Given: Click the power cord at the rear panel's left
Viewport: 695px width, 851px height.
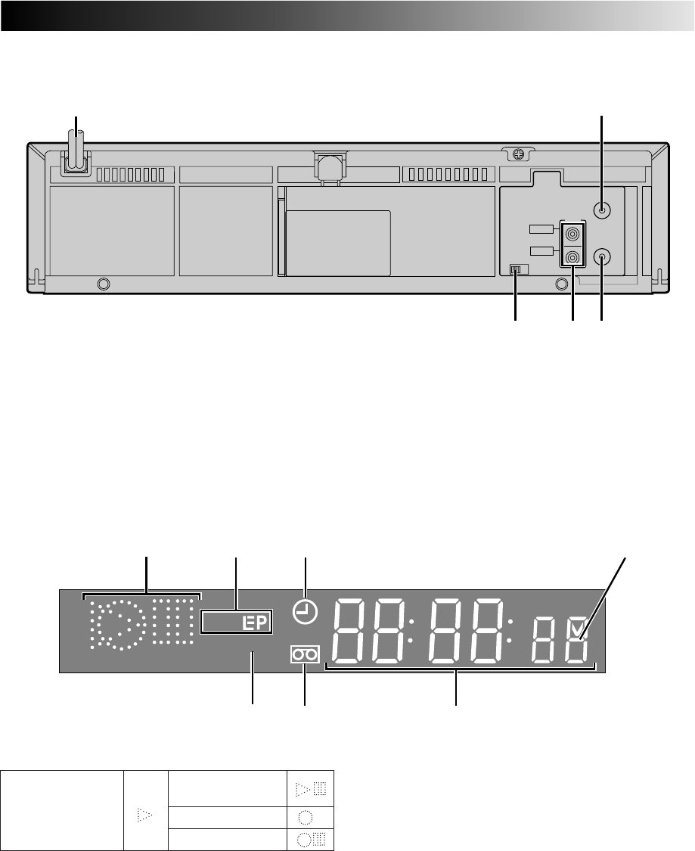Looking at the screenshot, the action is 76,153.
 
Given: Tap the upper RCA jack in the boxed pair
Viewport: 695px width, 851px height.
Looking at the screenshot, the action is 572,234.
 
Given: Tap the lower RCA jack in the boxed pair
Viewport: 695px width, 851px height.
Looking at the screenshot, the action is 572,256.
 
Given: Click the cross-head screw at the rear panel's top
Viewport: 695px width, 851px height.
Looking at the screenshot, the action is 519,154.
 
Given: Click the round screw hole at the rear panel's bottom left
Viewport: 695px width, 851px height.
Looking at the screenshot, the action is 103,284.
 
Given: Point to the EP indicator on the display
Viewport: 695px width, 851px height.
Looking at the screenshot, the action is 255,623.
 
